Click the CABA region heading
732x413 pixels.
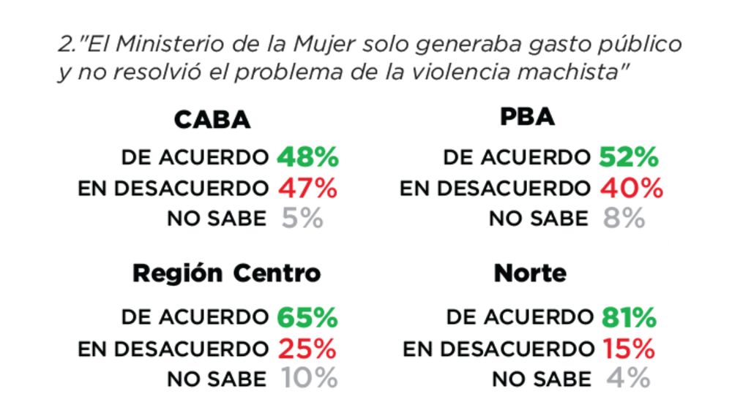pyautogui.click(x=212, y=119)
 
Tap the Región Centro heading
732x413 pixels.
pyautogui.click(x=226, y=273)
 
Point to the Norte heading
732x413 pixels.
pyautogui.click(x=530, y=273)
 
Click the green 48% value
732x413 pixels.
pyautogui.click(x=307, y=157)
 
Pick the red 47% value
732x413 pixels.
pyautogui.click(x=307, y=188)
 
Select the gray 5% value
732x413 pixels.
pyautogui.click(x=302, y=218)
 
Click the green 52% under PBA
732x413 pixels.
pyautogui.click(x=628, y=157)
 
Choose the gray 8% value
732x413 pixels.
pyautogui.click(x=624, y=218)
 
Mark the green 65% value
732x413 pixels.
pyautogui.click(x=307, y=318)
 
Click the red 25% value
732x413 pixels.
pyautogui.click(x=307, y=349)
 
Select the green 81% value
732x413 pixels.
pyautogui.click(x=628, y=318)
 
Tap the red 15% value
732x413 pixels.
pyautogui.click(x=629, y=349)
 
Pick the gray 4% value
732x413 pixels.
pyautogui.click(x=628, y=379)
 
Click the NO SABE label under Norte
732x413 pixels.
pyautogui.click(x=541, y=379)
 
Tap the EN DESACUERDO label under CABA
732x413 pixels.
pyautogui.click(x=173, y=189)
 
